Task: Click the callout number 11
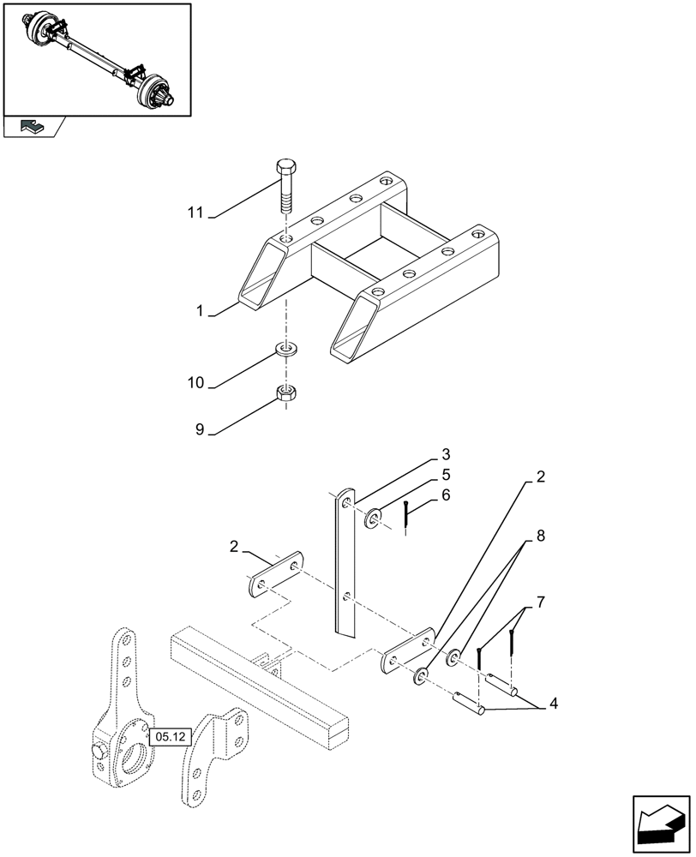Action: point(195,212)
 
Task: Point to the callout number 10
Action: point(195,382)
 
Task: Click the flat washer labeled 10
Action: point(285,349)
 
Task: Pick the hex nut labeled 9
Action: point(285,394)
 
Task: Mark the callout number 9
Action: point(199,430)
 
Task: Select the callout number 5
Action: point(446,474)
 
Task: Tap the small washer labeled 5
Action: point(375,518)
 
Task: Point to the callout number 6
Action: point(446,495)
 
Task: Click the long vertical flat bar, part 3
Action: point(345,566)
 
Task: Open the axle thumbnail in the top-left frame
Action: point(96,59)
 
